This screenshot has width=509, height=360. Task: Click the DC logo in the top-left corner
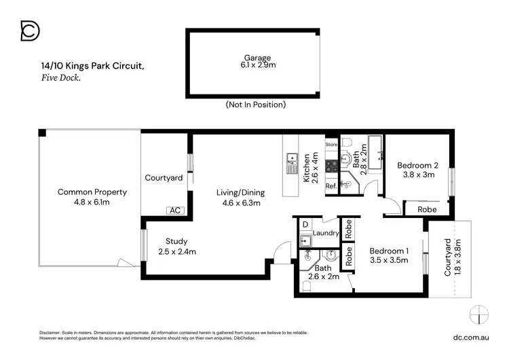(x=30, y=31)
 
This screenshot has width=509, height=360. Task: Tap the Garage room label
(x=257, y=58)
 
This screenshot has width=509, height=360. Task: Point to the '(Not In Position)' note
(x=256, y=105)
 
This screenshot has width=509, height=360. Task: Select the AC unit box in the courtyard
(x=175, y=211)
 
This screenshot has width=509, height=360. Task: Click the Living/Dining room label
(x=240, y=193)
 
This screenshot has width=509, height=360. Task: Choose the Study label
(x=176, y=241)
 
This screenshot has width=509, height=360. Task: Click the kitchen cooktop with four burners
(x=332, y=166)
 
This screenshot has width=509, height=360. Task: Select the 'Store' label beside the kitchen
(x=331, y=145)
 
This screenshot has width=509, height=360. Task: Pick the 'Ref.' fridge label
(x=331, y=186)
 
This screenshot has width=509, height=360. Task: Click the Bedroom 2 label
(x=418, y=165)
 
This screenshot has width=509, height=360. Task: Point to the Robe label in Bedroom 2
(x=427, y=210)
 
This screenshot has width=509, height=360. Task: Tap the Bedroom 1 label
(x=389, y=251)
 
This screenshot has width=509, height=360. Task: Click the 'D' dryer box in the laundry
(x=305, y=225)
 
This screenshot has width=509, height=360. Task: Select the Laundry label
(x=326, y=233)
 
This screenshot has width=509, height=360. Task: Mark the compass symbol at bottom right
(x=479, y=314)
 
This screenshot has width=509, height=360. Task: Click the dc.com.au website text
(x=471, y=338)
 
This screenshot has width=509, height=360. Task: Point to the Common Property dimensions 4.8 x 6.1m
(x=92, y=202)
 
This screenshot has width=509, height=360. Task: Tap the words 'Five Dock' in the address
(x=60, y=77)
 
